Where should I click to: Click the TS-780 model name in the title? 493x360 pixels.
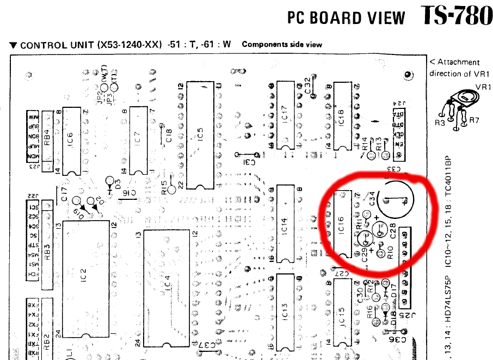coord(457,16)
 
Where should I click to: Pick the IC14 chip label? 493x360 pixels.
coord(284,224)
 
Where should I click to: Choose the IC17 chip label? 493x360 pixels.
coord(284,117)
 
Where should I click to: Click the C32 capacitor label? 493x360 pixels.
coord(307,86)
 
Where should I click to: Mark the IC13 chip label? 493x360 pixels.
coord(284,311)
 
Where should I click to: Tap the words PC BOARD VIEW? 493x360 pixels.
coord(346,18)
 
